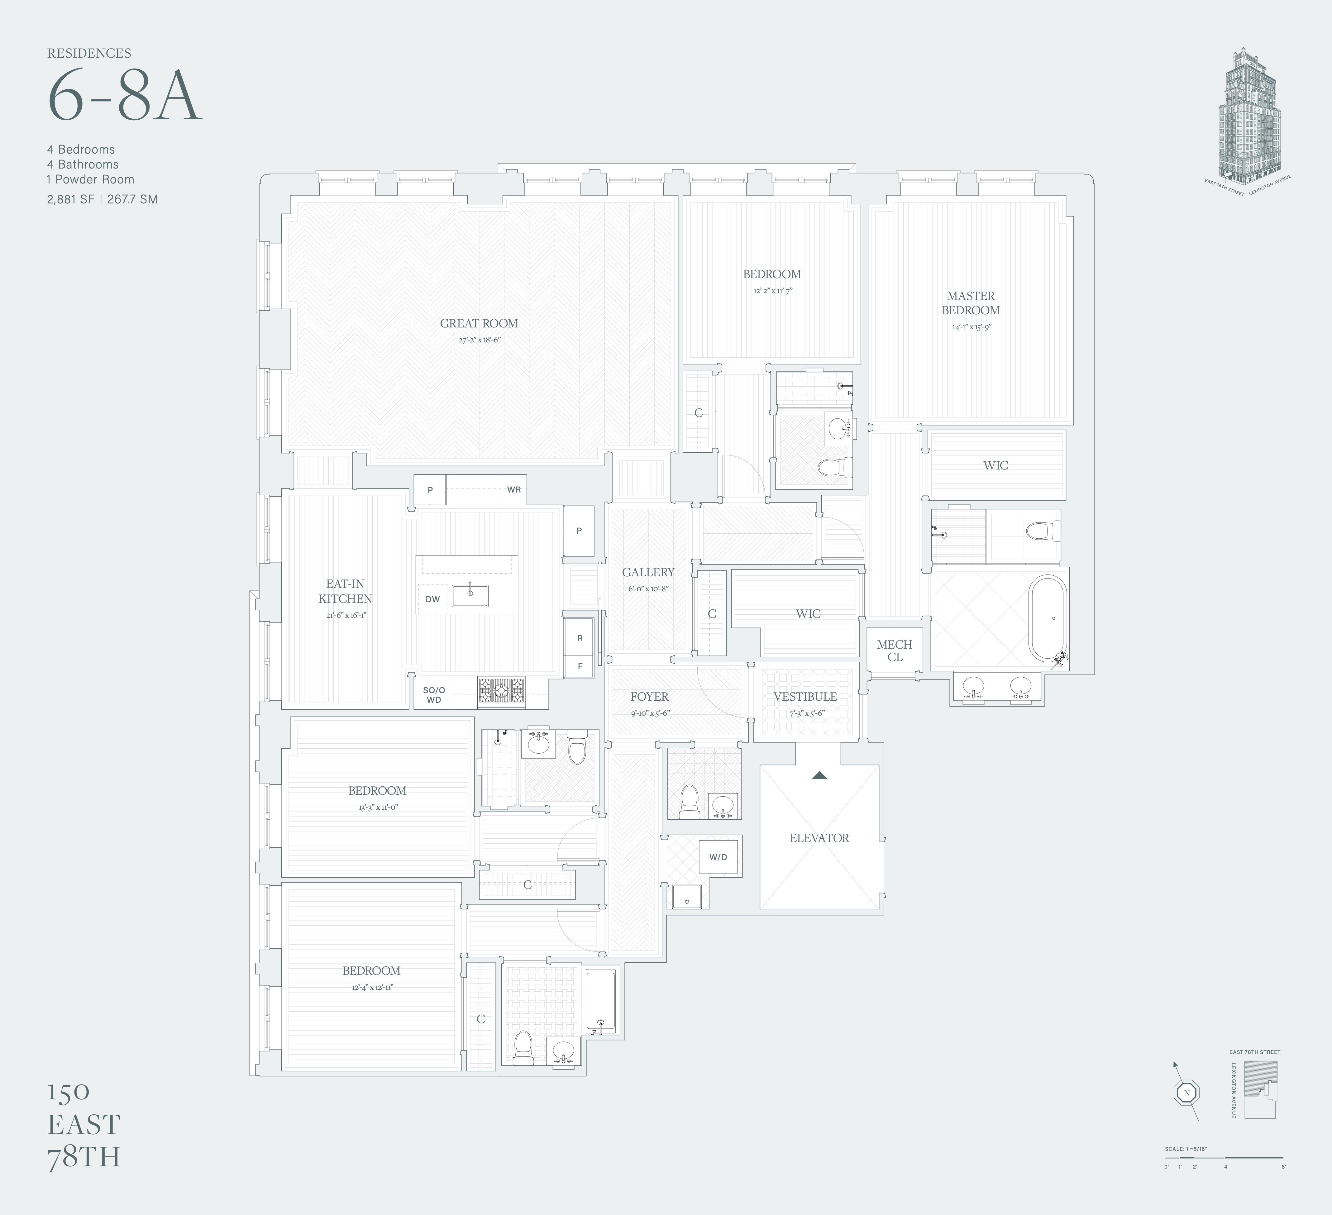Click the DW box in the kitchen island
(433, 599)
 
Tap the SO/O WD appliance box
(433, 694)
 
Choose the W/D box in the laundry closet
(718, 857)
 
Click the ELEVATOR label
(819, 838)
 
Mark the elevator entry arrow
(819, 775)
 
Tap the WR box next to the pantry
(514, 489)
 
